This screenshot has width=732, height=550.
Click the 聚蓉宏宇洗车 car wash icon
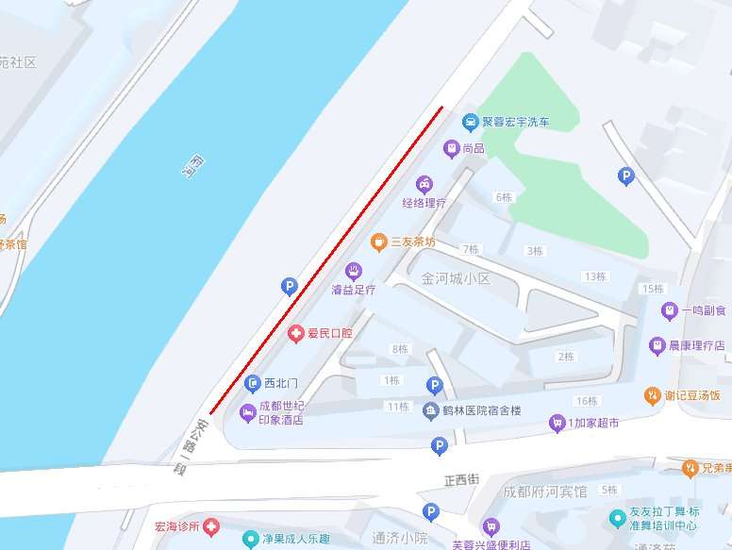pos(470,122)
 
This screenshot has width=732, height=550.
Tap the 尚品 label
pos(474,148)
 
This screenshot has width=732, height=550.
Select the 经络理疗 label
pos(424,203)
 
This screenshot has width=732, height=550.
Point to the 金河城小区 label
pos(457,279)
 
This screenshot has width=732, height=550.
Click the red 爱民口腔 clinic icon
pos(295,333)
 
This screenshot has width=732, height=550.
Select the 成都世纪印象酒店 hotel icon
pos(248,412)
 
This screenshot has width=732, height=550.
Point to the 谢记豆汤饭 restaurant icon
pos(651,394)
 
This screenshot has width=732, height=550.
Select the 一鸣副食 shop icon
pos(669,309)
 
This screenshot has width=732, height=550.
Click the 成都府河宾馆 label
pos(544,492)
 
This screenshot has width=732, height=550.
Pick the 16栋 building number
pos(586,401)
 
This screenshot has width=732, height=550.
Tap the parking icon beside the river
pos(290,286)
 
